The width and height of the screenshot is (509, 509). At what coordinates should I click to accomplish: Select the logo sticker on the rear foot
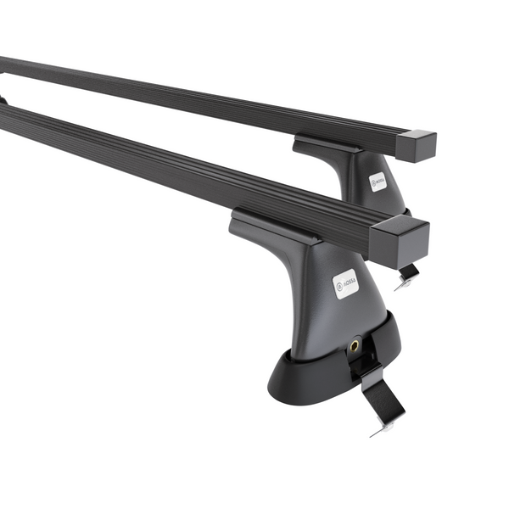tap(378, 181)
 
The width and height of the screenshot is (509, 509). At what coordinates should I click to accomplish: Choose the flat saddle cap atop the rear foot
tap(327, 144)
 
